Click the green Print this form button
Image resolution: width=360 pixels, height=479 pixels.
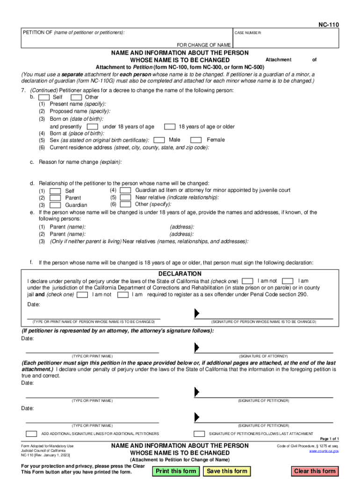coord(176,471)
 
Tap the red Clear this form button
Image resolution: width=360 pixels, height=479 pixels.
coord(315,471)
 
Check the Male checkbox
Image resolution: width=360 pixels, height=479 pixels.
coord(159,140)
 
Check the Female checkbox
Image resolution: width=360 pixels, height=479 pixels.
coord(196,140)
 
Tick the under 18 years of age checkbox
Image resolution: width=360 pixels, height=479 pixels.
coord(93,127)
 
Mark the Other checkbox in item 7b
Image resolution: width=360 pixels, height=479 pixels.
coord(76,97)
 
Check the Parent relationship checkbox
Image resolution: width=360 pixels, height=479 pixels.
coord(55,198)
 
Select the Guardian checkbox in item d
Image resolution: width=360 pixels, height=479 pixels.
coord(55,205)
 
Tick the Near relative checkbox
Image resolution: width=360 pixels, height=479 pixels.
coord(125,197)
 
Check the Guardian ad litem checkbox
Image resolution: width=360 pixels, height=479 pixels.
coord(125,190)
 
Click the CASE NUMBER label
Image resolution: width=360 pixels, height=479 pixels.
coord(248,33)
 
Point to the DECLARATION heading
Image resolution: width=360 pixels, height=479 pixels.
coord(180,274)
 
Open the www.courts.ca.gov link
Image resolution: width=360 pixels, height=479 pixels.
coord(324,451)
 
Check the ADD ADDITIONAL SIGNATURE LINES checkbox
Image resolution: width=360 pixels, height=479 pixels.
coord(31,434)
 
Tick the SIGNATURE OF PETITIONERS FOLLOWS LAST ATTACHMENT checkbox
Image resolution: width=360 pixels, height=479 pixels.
coord(199,434)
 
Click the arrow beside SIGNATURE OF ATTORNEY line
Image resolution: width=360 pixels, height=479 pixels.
coord(196,348)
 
